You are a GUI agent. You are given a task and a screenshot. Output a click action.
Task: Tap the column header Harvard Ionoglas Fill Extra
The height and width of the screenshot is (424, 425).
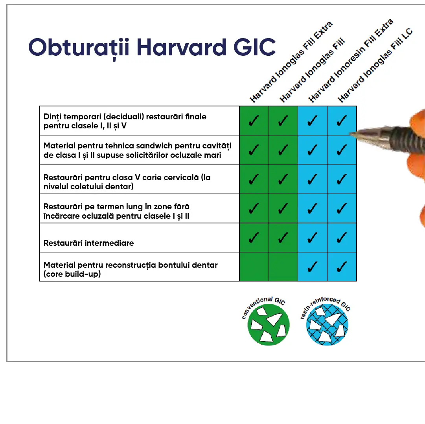[x=291, y=62]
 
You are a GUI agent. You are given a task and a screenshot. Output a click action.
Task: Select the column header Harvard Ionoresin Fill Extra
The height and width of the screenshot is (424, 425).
[x=351, y=60]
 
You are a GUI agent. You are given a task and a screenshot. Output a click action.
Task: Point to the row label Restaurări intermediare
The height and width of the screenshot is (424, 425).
[x=89, y=243]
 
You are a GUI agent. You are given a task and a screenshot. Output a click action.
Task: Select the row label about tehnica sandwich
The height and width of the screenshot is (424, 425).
[x=138, y=150]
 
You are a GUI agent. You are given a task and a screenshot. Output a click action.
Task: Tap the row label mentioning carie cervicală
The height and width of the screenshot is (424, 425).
[x=127, y=182]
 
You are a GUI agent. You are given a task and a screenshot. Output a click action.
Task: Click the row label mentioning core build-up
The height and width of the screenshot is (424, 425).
[x=131, y=269]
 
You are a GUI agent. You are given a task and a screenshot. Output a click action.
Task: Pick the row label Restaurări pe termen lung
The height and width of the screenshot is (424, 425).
[x=117, y=211]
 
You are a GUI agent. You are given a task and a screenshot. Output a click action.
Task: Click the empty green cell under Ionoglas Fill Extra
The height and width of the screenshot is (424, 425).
[x=254, y=267]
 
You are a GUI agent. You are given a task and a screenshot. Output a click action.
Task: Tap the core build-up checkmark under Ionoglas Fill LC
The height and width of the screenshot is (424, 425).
[x=342, y=267]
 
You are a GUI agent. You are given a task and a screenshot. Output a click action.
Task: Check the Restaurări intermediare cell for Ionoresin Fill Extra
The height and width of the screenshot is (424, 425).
[x=313, y=238]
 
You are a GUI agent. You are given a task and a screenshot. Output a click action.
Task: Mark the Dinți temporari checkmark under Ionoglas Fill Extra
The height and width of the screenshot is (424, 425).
[x=254, y=121]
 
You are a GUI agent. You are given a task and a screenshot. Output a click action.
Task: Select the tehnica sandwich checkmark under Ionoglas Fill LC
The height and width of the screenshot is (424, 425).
[x=342, y=150]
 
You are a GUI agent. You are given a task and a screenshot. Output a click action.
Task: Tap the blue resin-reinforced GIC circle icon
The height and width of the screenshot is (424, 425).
[x=327, y=325]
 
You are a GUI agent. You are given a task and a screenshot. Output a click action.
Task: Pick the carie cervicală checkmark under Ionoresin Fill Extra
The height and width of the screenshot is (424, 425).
[x=313, y=179]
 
